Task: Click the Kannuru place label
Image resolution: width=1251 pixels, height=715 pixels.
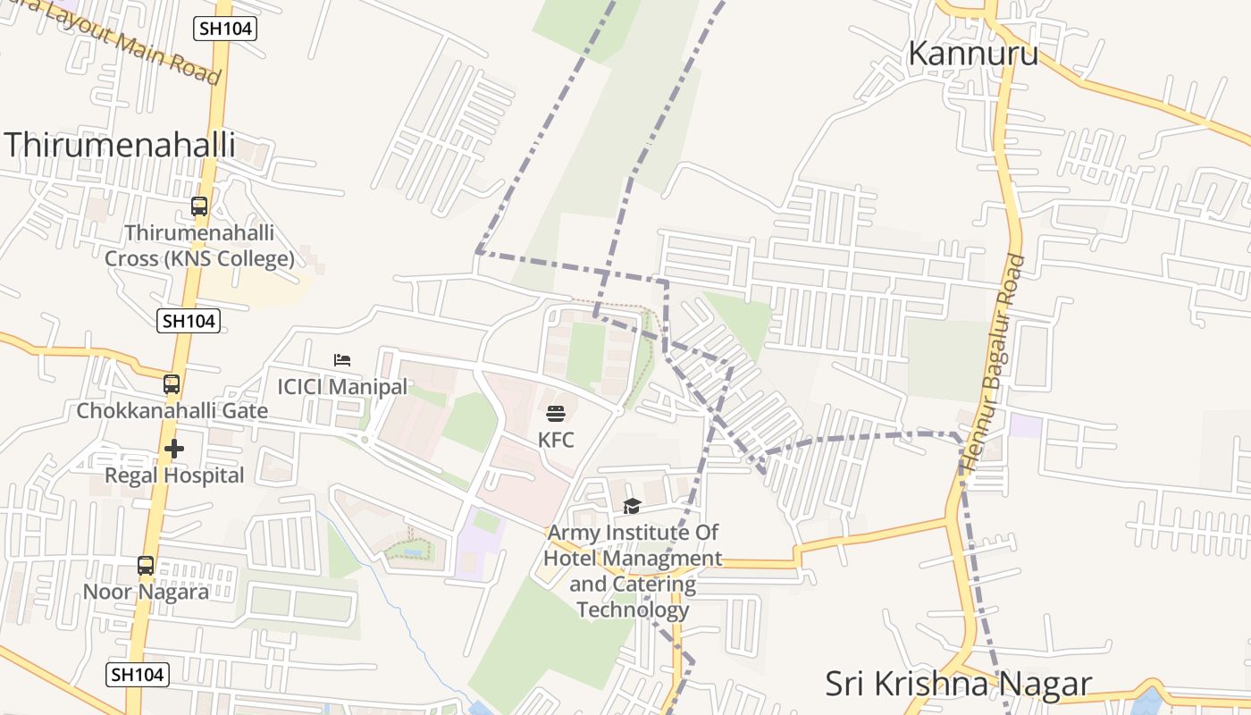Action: (x=973, y=54)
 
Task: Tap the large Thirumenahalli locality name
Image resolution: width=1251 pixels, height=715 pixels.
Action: (x=121, y=145)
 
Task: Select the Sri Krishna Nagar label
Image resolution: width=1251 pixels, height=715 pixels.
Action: (x=958, y=684)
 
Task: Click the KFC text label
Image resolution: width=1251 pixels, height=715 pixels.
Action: (x=556, y=441)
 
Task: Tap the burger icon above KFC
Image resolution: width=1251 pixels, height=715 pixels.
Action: (x=556, y=414)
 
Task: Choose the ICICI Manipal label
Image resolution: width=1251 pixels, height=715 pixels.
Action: (x=342, y=387)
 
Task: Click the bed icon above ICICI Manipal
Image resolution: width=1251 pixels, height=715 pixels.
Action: (x=342, y=360)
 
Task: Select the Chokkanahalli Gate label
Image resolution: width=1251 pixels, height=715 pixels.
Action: (x=172, y=411)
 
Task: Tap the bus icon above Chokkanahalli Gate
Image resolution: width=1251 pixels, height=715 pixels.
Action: (x=172, y=384)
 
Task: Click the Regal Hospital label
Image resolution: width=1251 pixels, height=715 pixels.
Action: (x=174, y=475)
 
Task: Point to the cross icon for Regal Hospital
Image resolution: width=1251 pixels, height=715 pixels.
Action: (x=174, y=449)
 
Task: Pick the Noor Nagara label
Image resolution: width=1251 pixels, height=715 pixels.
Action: (x=146, y=592)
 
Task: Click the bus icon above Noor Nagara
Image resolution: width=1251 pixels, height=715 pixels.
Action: (x=146, y=566)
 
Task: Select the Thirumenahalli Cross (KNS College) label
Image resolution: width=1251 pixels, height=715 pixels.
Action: (x=199, y=246)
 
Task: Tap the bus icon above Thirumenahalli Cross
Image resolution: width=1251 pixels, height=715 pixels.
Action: (x=199, y=206)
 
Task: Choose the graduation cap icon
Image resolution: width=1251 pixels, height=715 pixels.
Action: (x=633, y=507)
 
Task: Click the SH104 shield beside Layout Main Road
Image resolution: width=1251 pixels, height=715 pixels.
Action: (x=225, y=29)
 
